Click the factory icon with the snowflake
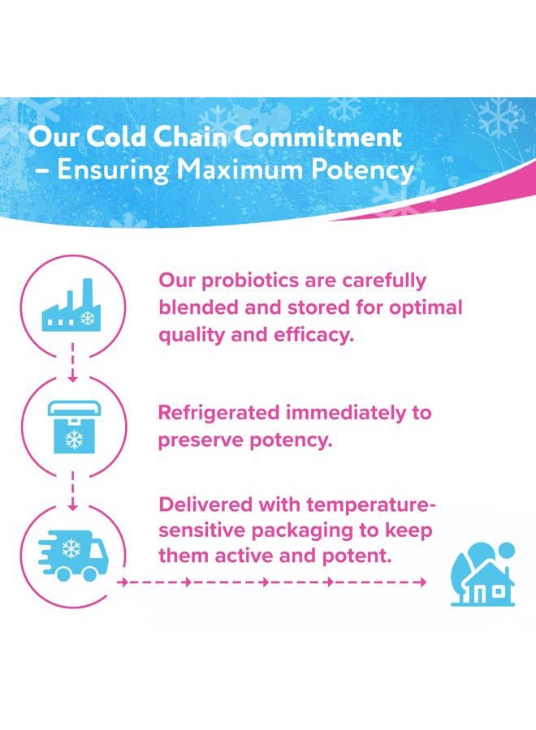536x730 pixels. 71,306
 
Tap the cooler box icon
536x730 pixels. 74,427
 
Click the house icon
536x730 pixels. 483,574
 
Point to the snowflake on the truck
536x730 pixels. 71,548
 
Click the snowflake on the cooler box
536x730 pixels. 74,440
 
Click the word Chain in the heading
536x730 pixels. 191,136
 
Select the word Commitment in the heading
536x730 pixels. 318,136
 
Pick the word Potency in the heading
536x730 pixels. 362,170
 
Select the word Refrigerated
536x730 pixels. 218,414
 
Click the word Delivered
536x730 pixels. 205,505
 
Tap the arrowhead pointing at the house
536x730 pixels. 422,582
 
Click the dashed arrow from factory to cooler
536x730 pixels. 72,363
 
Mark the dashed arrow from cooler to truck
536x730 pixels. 72,491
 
